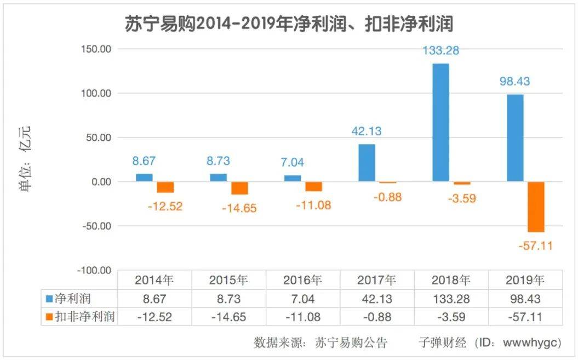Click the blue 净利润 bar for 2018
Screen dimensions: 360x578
pyautogui.click(x=440, y=122)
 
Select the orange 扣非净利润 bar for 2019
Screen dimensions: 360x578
pyautogui.click(x=536, y=207)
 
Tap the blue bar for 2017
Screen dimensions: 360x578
pyautogui.click(x=367, y=163)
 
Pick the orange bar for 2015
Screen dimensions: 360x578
pyautogui.click(x=239, y=188)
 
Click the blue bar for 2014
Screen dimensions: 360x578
pyautogui.click(x=144, y=178)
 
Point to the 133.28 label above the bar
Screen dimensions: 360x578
pyautogui.click(x=440, y=50)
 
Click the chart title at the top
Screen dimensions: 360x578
pyautogui.click(x=289, y=24)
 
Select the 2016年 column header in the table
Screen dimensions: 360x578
pyautogui.click(x=302, y=281)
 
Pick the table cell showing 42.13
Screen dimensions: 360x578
pyautogui.click(x=376, y=299)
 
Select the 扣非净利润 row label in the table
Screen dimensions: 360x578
pyautogui.click(x=85, y=316)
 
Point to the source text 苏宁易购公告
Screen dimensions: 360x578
pyautogui.click(x=351, y=343)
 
